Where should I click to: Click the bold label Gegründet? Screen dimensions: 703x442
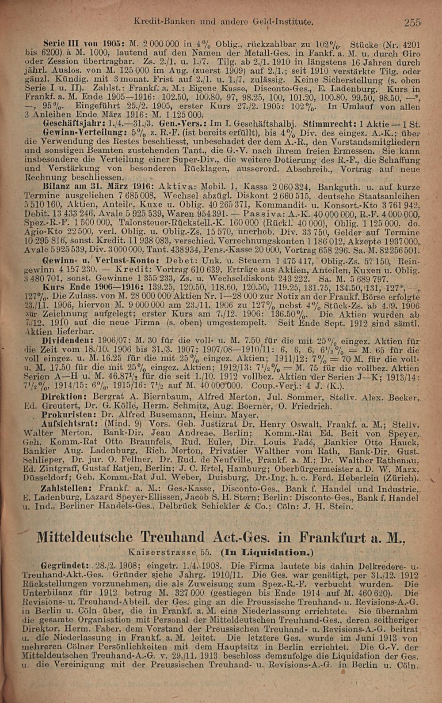point(65,565)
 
